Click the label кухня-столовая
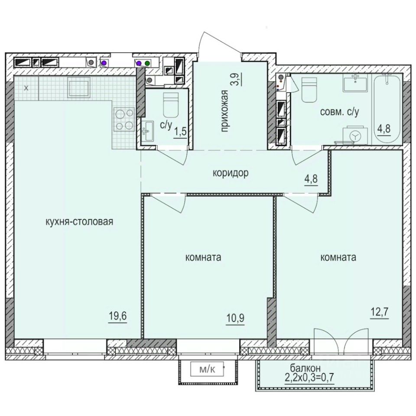tap(79, 222)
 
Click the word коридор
tap(230, 173)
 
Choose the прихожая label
tap(224, 111)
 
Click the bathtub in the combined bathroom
tap(387, 107)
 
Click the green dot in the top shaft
tap(147, 63)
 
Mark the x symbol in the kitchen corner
tap(26, 88)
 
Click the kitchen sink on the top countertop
tap(78, 88)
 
